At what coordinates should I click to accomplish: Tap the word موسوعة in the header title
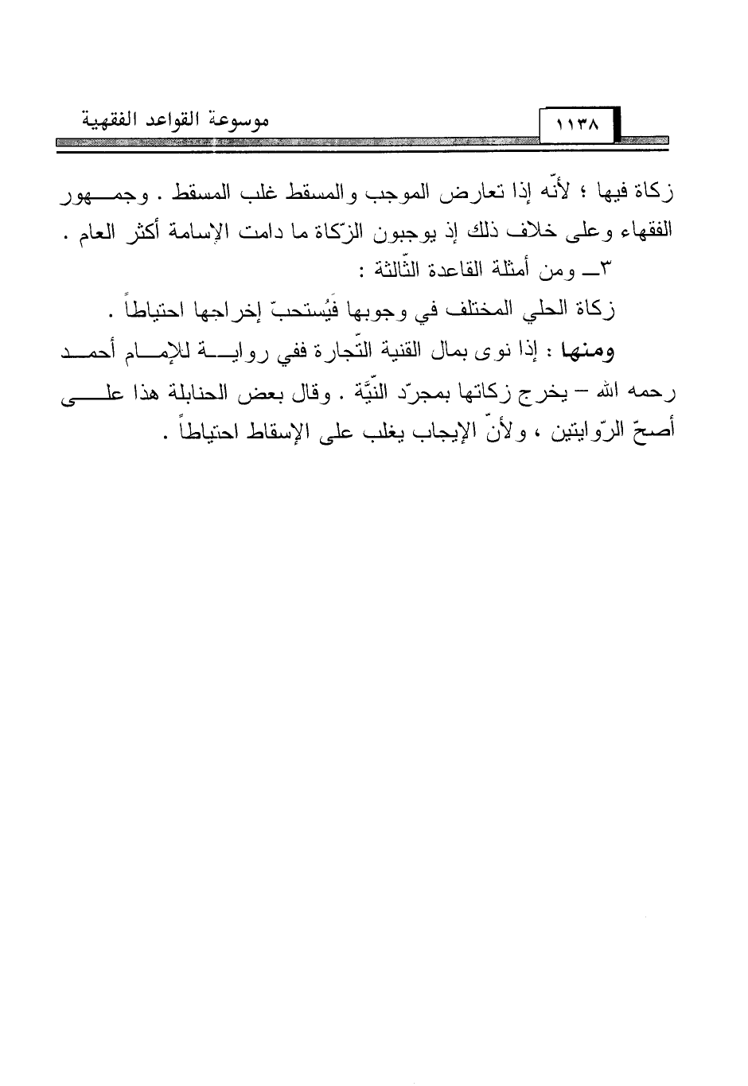point(240,120)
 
